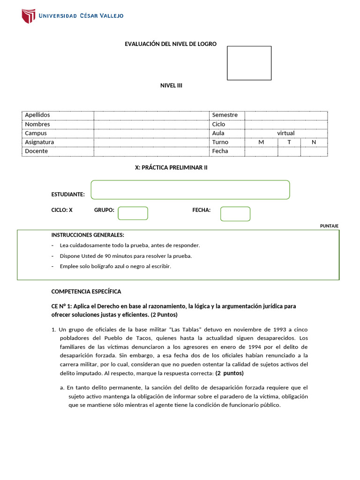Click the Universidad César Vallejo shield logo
coord(28,16)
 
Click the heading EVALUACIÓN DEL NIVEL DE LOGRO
coord(170,44)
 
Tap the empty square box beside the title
coord(249,63)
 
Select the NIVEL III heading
coord(171,85)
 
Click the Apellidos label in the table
coord(37,115)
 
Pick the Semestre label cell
coord(225,115)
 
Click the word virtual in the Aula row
coord(285,133)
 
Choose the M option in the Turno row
coord(261,142)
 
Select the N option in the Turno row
coord(314,142)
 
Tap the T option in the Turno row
coord(289,142)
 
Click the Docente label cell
coord(37,151)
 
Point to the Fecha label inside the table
coord(220,151)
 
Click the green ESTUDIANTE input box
coord(190,190)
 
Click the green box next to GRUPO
coord(133,213)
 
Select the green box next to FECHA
coord(235,214)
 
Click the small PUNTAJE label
coord(329,226)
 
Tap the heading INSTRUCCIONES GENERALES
coord(88,235)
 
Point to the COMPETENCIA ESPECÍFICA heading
coord(86,292)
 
